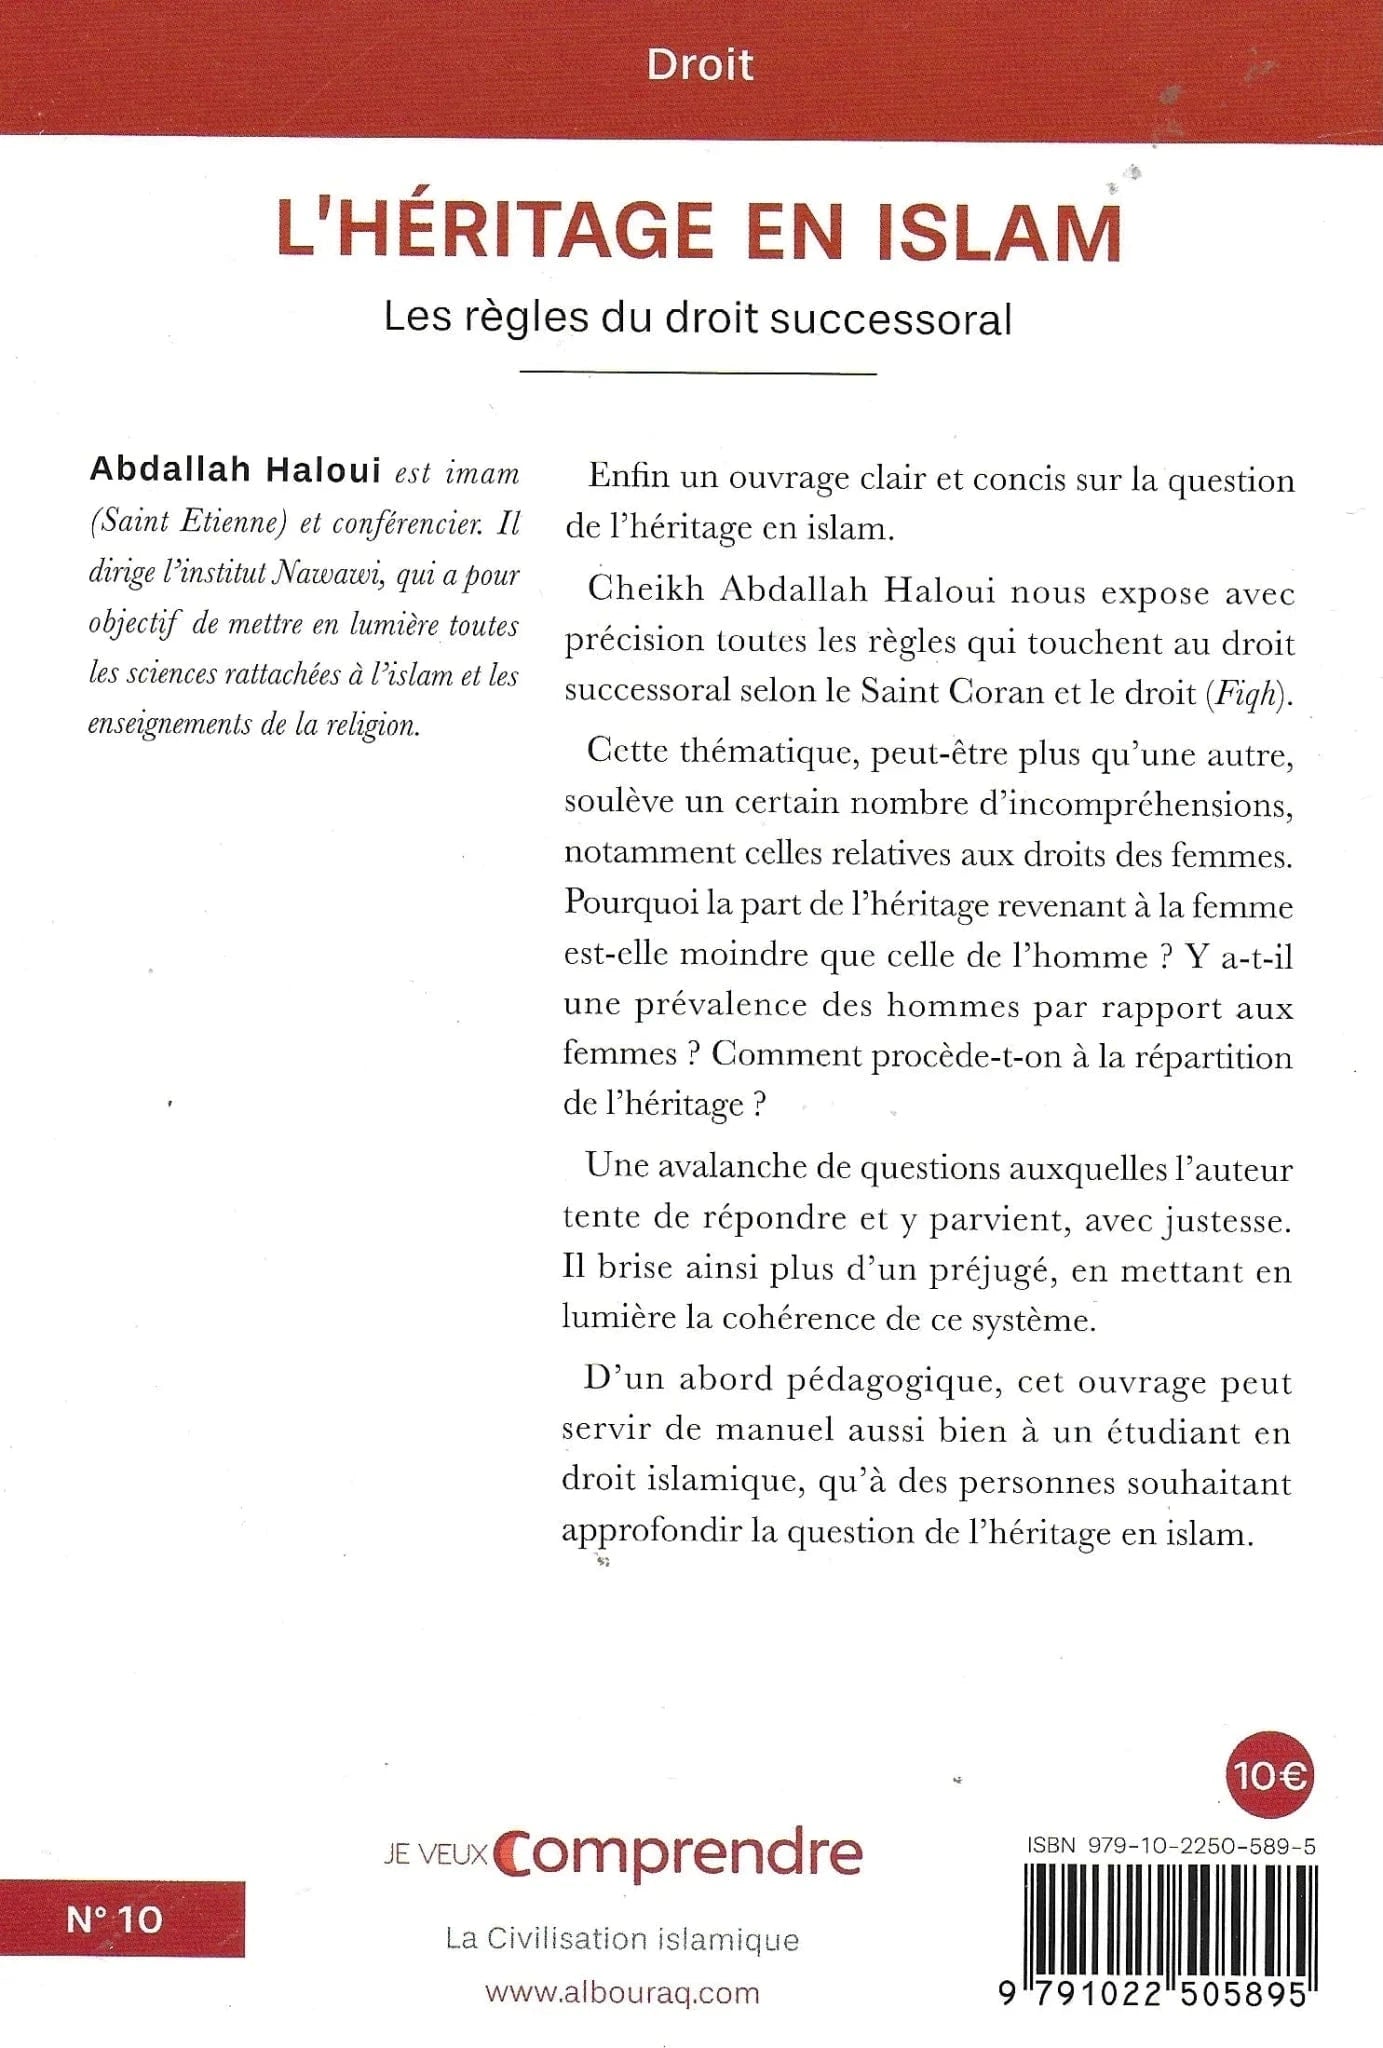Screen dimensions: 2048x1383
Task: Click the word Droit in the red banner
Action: point(699,66)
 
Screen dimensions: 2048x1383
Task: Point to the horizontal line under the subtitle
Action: point(698,373)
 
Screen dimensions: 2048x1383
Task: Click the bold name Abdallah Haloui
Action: point(235,470)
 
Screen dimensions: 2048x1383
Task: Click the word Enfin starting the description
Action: point(628,477)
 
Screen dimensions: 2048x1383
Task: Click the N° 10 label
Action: point(114,1919)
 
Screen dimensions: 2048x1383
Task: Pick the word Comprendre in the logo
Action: point(680,1853)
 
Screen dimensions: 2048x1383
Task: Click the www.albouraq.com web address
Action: point(622,1992)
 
